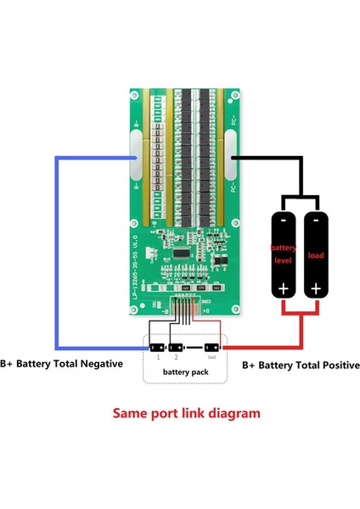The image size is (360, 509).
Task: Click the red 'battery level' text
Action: pos(282,254)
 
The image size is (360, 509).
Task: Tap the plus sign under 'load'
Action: pos(314,288)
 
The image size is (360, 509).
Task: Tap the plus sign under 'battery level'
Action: pos(282,288)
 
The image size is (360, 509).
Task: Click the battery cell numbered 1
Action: pos(157,348)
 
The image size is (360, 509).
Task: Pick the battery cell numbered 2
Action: pos(175,348)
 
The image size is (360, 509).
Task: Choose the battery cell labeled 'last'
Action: pos(211,348)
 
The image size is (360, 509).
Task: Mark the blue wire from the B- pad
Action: pos(56,255)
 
